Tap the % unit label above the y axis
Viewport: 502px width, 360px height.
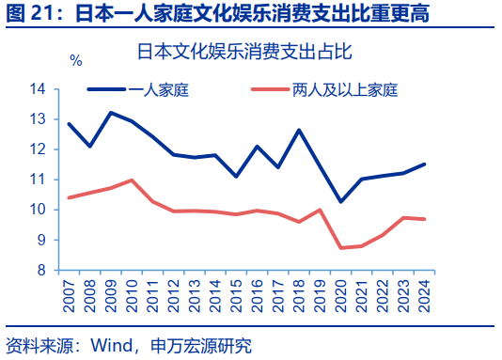(x=76, y=60)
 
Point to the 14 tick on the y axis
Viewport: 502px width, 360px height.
(x=38, y=89)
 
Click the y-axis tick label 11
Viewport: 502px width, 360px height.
(x=38, y=180)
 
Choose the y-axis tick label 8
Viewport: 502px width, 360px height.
(x=41, y=270)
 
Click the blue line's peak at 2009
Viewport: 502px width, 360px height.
(x=111, y=113)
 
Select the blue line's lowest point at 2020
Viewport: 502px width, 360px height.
(x=340, y=201)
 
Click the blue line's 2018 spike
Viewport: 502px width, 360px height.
(x=299, y=130)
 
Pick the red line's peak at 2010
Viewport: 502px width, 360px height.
(x=132, y=180)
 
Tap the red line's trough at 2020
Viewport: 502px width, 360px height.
(x=340, y=248)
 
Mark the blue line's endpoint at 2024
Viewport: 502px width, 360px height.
(x=424, y=164)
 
